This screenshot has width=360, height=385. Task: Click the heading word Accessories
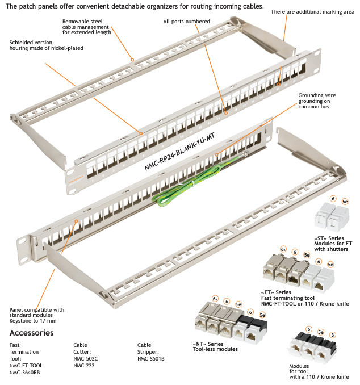(x=32, y=333)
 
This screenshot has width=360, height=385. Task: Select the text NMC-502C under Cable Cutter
(x=85, y=359)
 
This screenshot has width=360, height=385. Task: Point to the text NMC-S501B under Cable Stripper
(x=150, y=359)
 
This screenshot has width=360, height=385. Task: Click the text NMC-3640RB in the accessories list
(x=25, y=373)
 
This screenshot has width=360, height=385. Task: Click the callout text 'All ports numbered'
(x=186, y=22)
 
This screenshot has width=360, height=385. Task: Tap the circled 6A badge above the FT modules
(x=283, y=249)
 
